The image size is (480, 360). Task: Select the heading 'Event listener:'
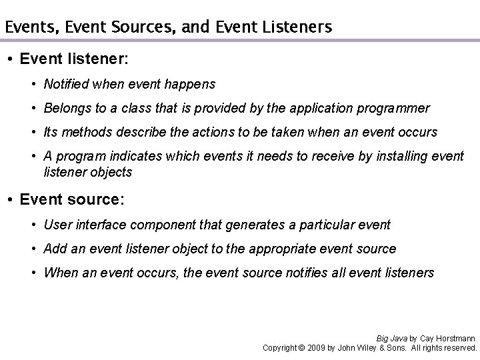[74, 59]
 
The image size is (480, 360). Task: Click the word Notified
[65, 84]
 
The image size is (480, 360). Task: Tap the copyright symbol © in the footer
[300, 348]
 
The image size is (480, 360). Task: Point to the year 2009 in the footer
[317, 348]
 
